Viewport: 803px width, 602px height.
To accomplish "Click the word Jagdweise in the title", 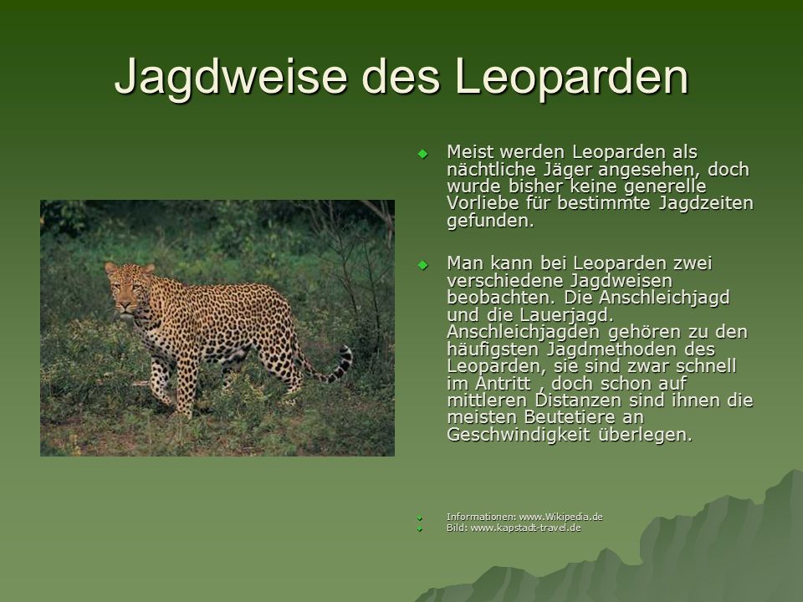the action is pos(231,77).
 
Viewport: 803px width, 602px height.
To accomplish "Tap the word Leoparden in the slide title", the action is pos(571,76).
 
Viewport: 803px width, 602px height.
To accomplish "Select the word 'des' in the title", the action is pos(401,76).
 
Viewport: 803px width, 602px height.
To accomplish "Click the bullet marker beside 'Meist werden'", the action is pos(422,154).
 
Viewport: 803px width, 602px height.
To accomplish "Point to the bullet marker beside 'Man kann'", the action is pos(422,265).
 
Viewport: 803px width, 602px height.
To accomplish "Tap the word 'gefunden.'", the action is pos(491,221).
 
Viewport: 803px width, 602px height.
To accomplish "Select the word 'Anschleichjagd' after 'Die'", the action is pos(664,298).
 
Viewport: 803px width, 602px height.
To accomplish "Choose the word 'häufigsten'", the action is pos(493,349).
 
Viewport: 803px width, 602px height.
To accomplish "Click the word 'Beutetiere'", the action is pos(568,417).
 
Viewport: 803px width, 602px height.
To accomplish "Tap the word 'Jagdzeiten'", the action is pos(706,203).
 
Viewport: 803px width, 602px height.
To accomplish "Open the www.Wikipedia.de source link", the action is pos(560,517).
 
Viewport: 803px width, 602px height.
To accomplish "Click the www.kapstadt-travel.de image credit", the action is pos(525,528).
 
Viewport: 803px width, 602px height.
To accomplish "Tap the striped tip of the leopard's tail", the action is pos(343,362).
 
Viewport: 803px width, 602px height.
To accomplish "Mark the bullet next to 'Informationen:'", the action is pos(420,518).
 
